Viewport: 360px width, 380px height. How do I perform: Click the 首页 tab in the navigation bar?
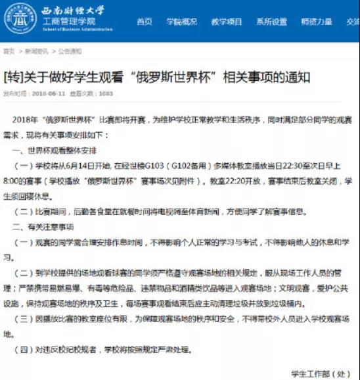tap(145, 22)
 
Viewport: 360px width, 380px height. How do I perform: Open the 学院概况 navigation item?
tap(181, 22)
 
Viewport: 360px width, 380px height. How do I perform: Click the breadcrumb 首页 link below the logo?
tap(9, 51)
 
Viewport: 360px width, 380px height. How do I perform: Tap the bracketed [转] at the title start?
tap(14, 76)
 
